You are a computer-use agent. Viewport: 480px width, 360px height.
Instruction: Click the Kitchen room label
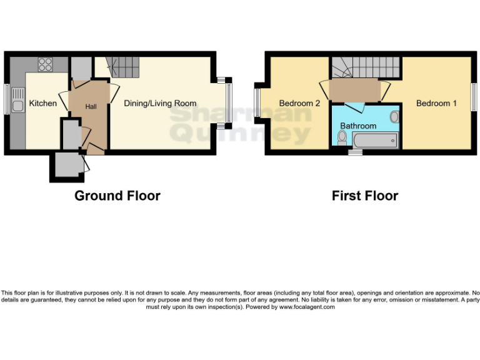point(43,103)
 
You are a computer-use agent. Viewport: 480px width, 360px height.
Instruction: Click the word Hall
point(91,107)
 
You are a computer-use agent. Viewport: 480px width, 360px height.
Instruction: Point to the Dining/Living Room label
point(160,103)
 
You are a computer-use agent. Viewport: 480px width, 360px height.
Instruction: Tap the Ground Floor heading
point(117,196)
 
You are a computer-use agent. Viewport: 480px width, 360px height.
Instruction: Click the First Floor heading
point(365,196)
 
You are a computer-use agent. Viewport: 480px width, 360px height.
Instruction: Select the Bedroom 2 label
point(299,103)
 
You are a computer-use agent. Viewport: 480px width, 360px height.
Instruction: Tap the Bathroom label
point(358,126)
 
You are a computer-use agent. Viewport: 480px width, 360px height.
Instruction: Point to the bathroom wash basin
point(394,117)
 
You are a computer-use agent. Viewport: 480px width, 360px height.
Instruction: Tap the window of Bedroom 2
point(257,102)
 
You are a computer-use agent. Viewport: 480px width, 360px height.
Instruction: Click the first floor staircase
point(364,66)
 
